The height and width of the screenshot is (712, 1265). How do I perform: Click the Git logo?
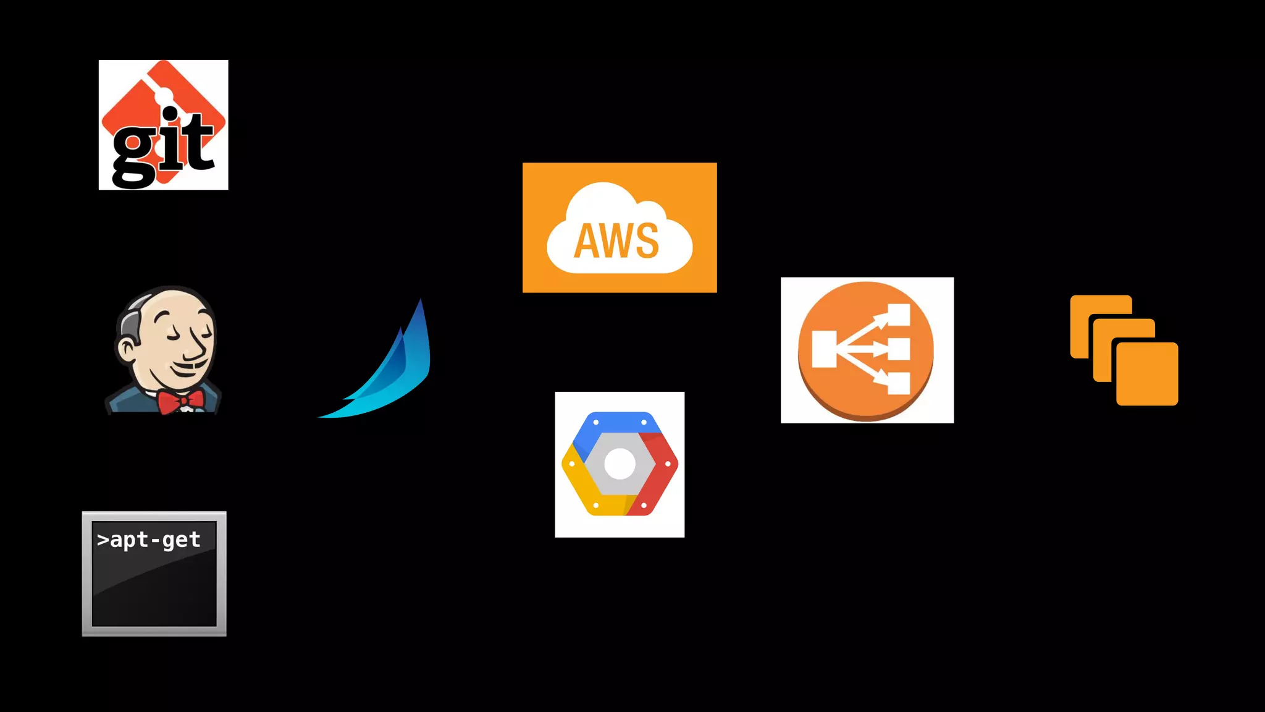(163, 124)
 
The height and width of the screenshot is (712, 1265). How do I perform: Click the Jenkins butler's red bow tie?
(180, 401)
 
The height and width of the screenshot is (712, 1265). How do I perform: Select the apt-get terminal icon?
(154, 574)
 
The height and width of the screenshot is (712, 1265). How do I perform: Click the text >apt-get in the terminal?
(149, 540)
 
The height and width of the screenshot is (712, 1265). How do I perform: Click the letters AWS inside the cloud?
(616, 241)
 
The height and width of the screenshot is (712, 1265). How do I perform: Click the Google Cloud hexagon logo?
(620, 464)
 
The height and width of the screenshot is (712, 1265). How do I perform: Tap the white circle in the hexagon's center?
(620, 464)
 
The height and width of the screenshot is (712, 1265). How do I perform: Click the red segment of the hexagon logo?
(660, 470)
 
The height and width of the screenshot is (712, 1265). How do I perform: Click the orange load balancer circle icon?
(866, 350)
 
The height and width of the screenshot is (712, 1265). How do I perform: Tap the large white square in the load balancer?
(824, 349)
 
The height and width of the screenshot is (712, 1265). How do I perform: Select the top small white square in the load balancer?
(899, 315)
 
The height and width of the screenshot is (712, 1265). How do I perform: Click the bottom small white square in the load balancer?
(899, 383)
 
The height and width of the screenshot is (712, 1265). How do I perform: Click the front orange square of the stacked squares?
(1147, 374)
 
